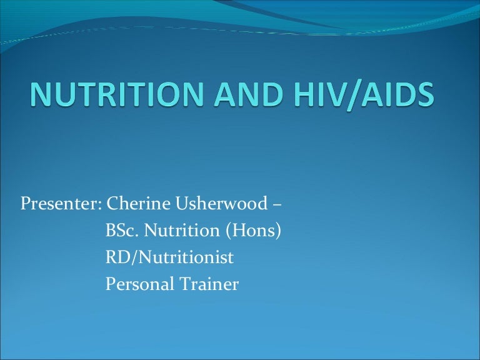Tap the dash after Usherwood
coord(276,205)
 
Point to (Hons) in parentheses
coord(253,232)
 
